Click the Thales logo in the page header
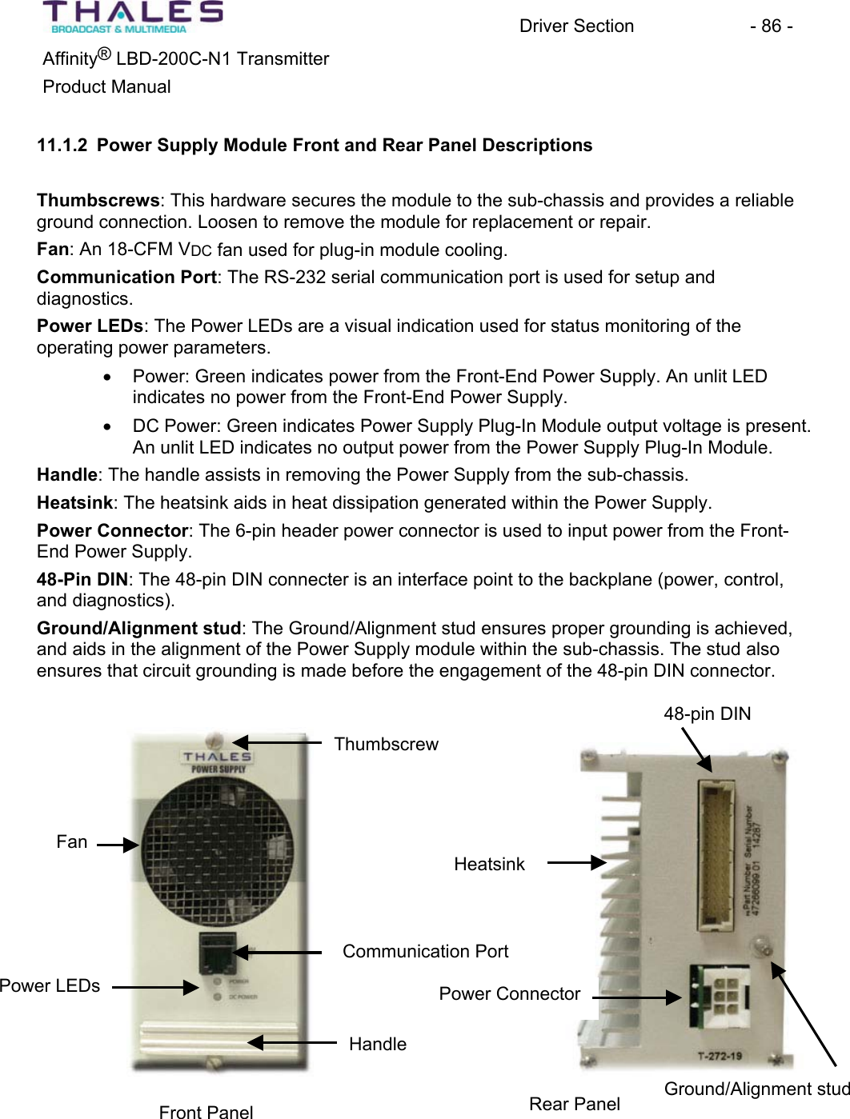pyautogui.click(x=133, y=17)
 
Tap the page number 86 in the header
pyautogui.click(x=772, y=26)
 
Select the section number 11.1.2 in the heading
pyautogui.click(x=62, y=146)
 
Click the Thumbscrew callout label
pyautogui.click(x=386, y=745)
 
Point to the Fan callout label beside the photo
pyautogui.click(x=72, y=842)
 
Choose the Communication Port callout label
pyautogui.click(x=425, y=952)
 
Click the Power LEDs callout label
pyautogui.click(x=50, y=986)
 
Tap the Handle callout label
pyautogui.click(x=378, y=1045)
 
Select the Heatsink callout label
pyautogui.click(x=489, y=865)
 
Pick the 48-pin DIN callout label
pyautogui.click(x=707, y=714)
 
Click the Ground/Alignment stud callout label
pyautogui.click(x=756, y=1089)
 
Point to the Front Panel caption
pyautogui.click(x=206, y=1112)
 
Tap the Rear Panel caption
pyautogui.click(x=575, y=1105)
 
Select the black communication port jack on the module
pyautogui.click(x=215, y=952)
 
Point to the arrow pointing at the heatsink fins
pyautogui.click(x=577, y=863)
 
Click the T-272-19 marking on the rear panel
pyautogui.click(x=719, y=1056)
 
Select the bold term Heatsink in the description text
pyautogui.click(x=75, y=503)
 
